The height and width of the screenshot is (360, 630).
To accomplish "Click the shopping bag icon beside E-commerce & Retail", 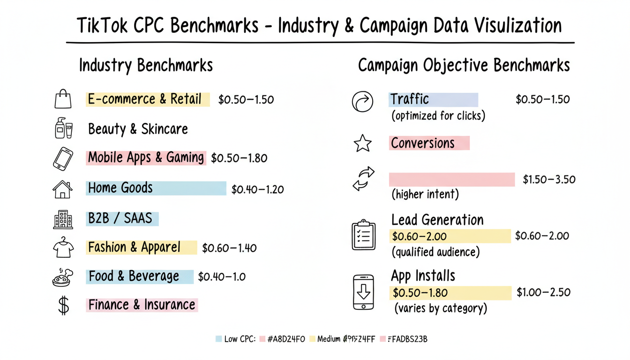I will point(63,99).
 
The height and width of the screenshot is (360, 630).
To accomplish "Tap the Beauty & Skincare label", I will point(138,129).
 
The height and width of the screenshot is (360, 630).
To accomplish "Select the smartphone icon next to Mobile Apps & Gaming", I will point(63,158).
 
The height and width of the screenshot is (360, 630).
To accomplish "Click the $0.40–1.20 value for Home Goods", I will point(257,189).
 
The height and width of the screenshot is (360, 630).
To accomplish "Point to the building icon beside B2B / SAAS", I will point(63,219).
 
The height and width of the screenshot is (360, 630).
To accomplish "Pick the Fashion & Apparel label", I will point(134,247).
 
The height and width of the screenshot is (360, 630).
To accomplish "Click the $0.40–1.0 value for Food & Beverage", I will point(222,277).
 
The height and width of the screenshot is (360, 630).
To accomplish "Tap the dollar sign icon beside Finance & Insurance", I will point(63,305).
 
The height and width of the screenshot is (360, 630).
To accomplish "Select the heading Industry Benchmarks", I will point(146,65).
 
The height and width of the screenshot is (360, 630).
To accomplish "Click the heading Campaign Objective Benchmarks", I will point(464,65).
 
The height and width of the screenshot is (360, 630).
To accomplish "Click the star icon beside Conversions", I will point(362,143).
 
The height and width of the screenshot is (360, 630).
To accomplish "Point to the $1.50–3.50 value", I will point(549,180).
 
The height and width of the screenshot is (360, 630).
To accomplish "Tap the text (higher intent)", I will point(425,194).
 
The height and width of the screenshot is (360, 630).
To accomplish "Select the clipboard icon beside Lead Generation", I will point(364,235).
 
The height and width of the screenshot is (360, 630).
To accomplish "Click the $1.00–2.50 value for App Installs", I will point(543,292).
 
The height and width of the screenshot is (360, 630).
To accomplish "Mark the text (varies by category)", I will point(440,308).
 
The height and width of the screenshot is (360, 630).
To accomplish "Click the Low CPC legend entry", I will point(236,339).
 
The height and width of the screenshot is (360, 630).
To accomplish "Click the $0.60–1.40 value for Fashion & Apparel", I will point(229,248).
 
